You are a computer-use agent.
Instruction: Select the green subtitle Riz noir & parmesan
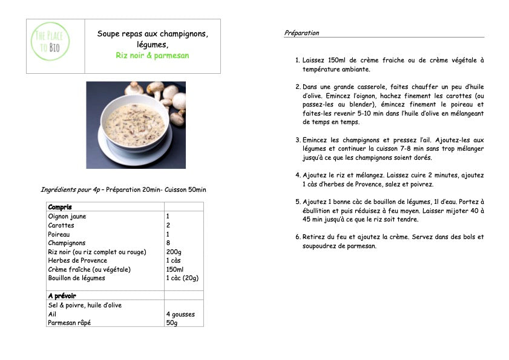pos(153,56)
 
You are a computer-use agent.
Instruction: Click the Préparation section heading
pos(301,33)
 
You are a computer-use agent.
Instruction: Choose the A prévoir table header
pos(62,296)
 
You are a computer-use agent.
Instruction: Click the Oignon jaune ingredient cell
pos(67,216)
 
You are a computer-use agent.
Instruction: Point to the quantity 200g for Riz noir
pos(174,252)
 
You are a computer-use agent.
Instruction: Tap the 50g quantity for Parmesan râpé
pos(172,323)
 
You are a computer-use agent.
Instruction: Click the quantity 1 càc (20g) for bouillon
pos(182,278)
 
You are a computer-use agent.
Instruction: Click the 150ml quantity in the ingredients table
pos(176,269)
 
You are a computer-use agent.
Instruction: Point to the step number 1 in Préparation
pos(297,61)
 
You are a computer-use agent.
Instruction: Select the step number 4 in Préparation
pos(298,175)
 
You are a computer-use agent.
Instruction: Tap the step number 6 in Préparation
pos(298,237)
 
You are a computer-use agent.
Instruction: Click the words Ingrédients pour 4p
pos(69,189)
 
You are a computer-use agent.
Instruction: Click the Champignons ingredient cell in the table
pos(68,243)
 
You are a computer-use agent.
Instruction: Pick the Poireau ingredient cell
pos(59,234)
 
